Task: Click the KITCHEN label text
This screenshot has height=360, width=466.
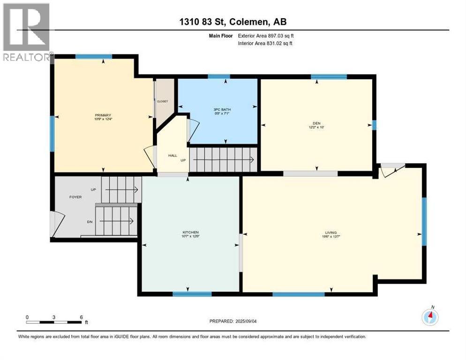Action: pos(191,232)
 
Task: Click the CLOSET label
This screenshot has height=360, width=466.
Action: pos(162,101)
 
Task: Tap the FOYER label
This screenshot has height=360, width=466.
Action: pos(75,197)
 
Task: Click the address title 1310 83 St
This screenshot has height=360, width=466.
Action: pos(233,22)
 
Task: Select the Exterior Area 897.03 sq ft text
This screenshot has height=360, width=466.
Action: pos(266,36)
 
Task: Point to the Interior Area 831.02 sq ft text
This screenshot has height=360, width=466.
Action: pos(266,44)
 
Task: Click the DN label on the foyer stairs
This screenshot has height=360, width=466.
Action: pos(89,222)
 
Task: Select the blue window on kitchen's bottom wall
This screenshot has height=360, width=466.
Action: pos(192,294)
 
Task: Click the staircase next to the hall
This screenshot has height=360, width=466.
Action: pos(223,159)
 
